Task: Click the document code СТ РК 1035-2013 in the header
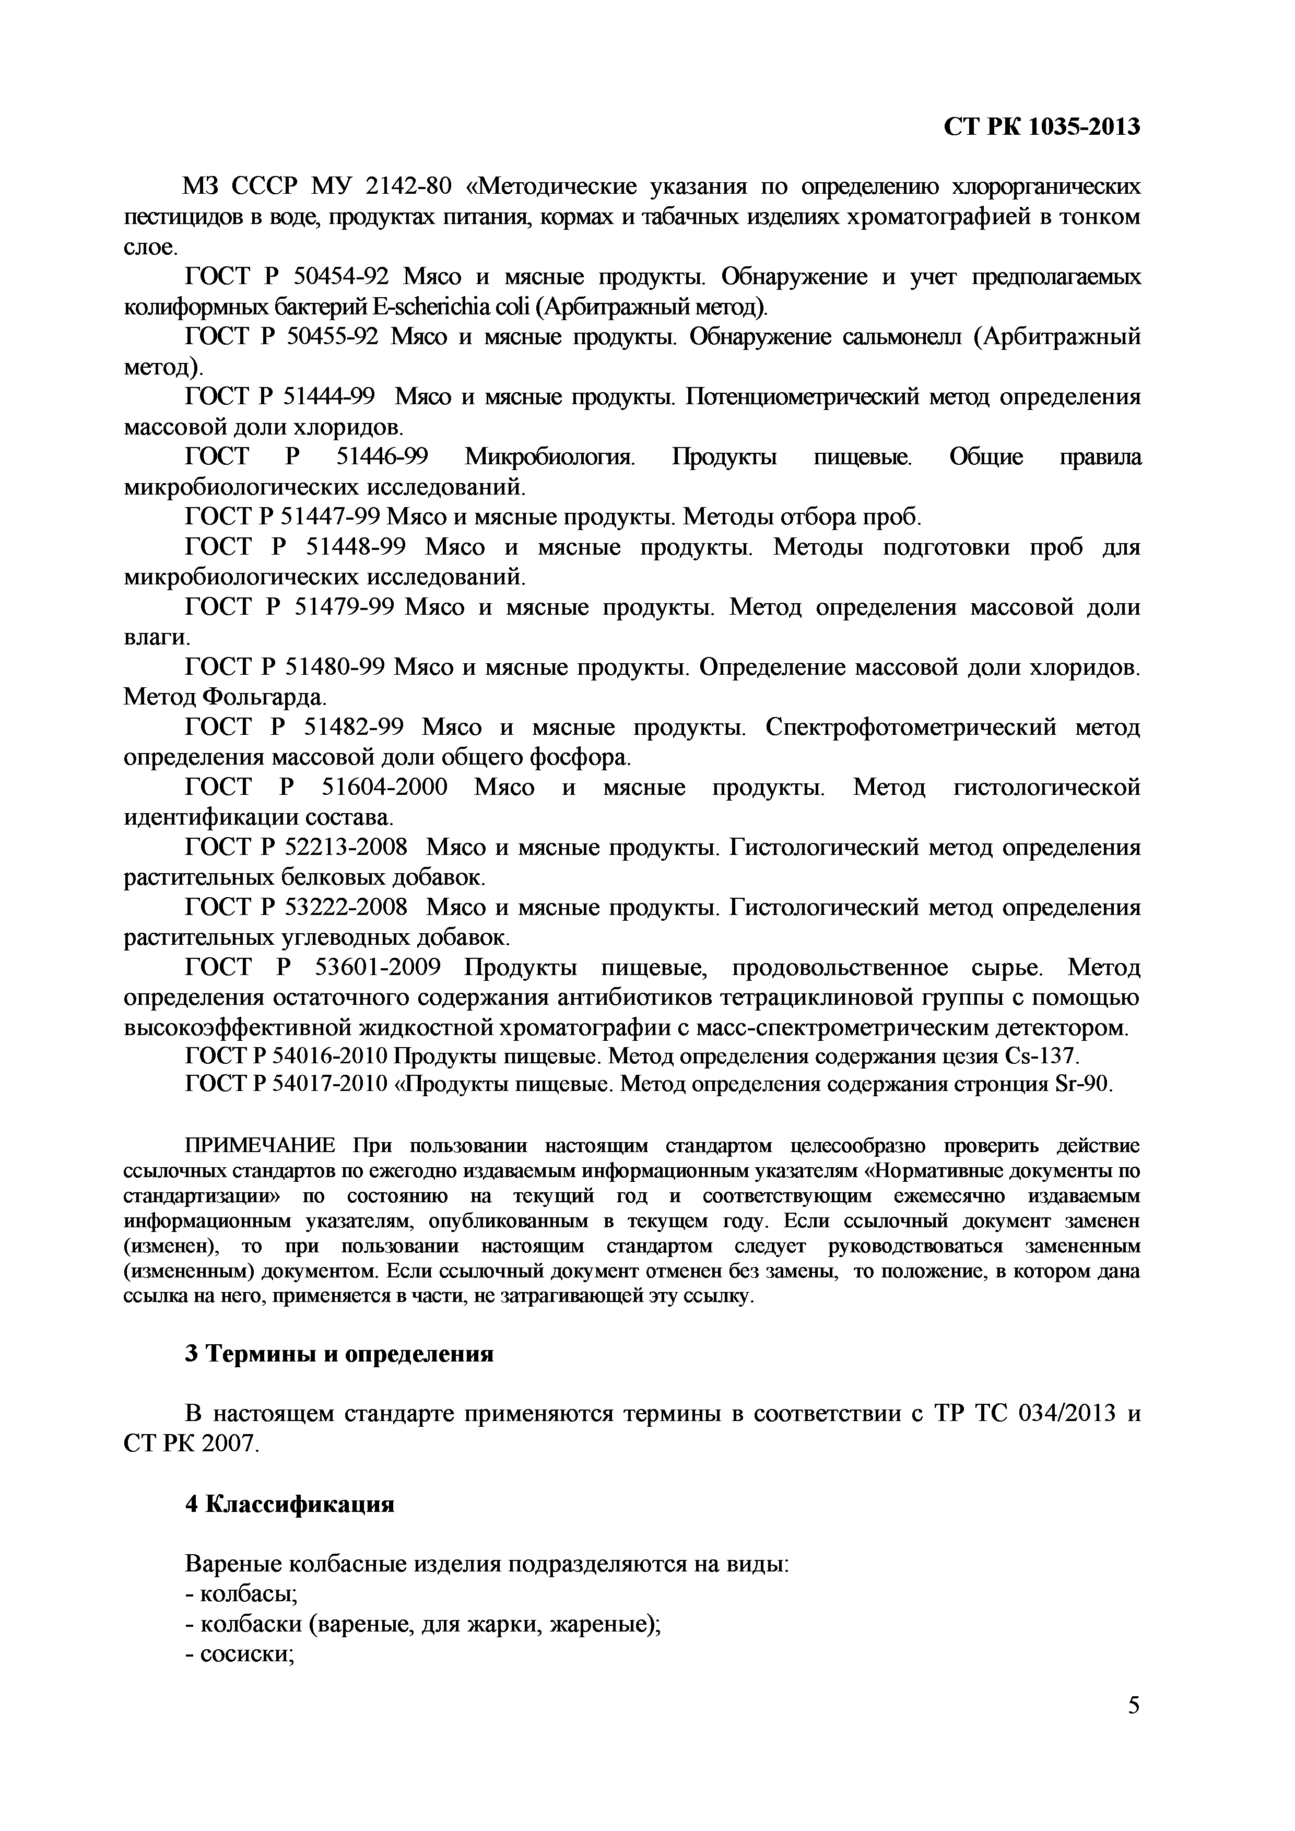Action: [x=1041, y=126]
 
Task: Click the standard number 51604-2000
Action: [x=384, y=788]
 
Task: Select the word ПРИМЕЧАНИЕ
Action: [x=261, y=1147]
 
